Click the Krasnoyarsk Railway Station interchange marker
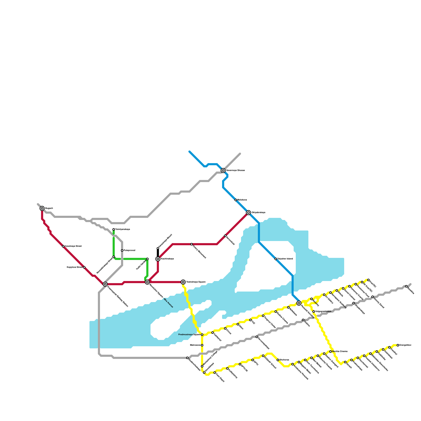pyautogui.click(x=105, y=284)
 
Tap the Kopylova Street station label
pyautogui.click(x=74, y=267)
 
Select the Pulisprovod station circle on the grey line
pyautogui.click(x=122, y=250)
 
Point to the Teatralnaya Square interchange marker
pyautogui.click(x=183, y=282)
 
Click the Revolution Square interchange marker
pyautogui.click(x=147, y=282)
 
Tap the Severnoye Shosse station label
pyautogui.click(x=235, y=171)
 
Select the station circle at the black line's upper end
pyautogui.click(x=158, y=248)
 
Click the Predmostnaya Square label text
pyautogui.click(x=189, y=335)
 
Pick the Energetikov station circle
pyautogui.click(x=398, y=345)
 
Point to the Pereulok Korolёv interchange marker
pyautogui.click(x=299, y=303)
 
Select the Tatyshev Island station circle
pyautogui.click(x=276, y=259)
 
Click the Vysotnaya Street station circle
pyautogui.click(x=63, y=246)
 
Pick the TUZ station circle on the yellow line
pyautogui.click(x=250, y=320)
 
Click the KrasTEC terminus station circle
pyautogui.click(x=368, y=280)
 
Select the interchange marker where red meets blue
pyautogui.click(x=248, y=213)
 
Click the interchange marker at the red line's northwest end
pyautogui.click(x=42, y=208)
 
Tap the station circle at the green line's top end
pyautogui.click(x=114, y=229)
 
